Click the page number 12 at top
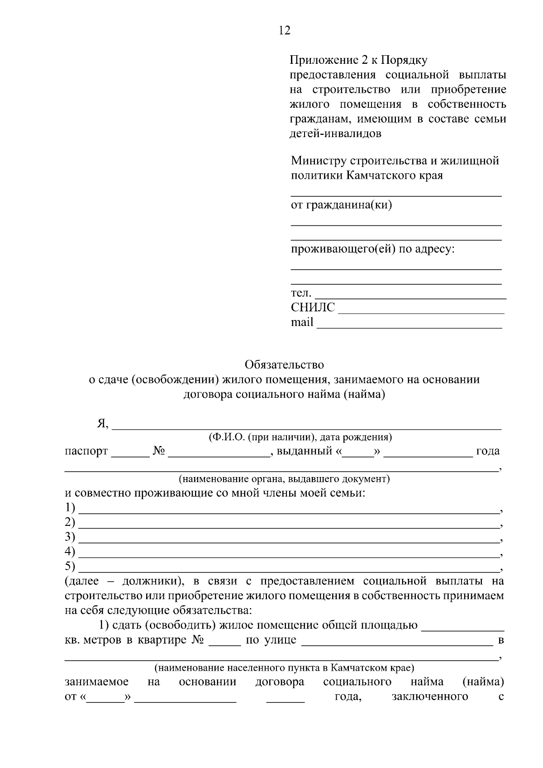point(284,30)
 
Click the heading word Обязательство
point(284,364)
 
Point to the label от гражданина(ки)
point(341,205)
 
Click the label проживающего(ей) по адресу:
point(372,249)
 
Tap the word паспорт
point(86,451)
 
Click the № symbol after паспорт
point(158,451)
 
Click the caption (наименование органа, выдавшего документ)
point(284,479)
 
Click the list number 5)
point(70,566)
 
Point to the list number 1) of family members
point(70,508)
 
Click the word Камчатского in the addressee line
point(380,175)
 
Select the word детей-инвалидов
point(335,134)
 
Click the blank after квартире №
point(224,644)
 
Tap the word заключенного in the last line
point(429,696)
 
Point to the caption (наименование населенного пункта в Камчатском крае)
point(284,668)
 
